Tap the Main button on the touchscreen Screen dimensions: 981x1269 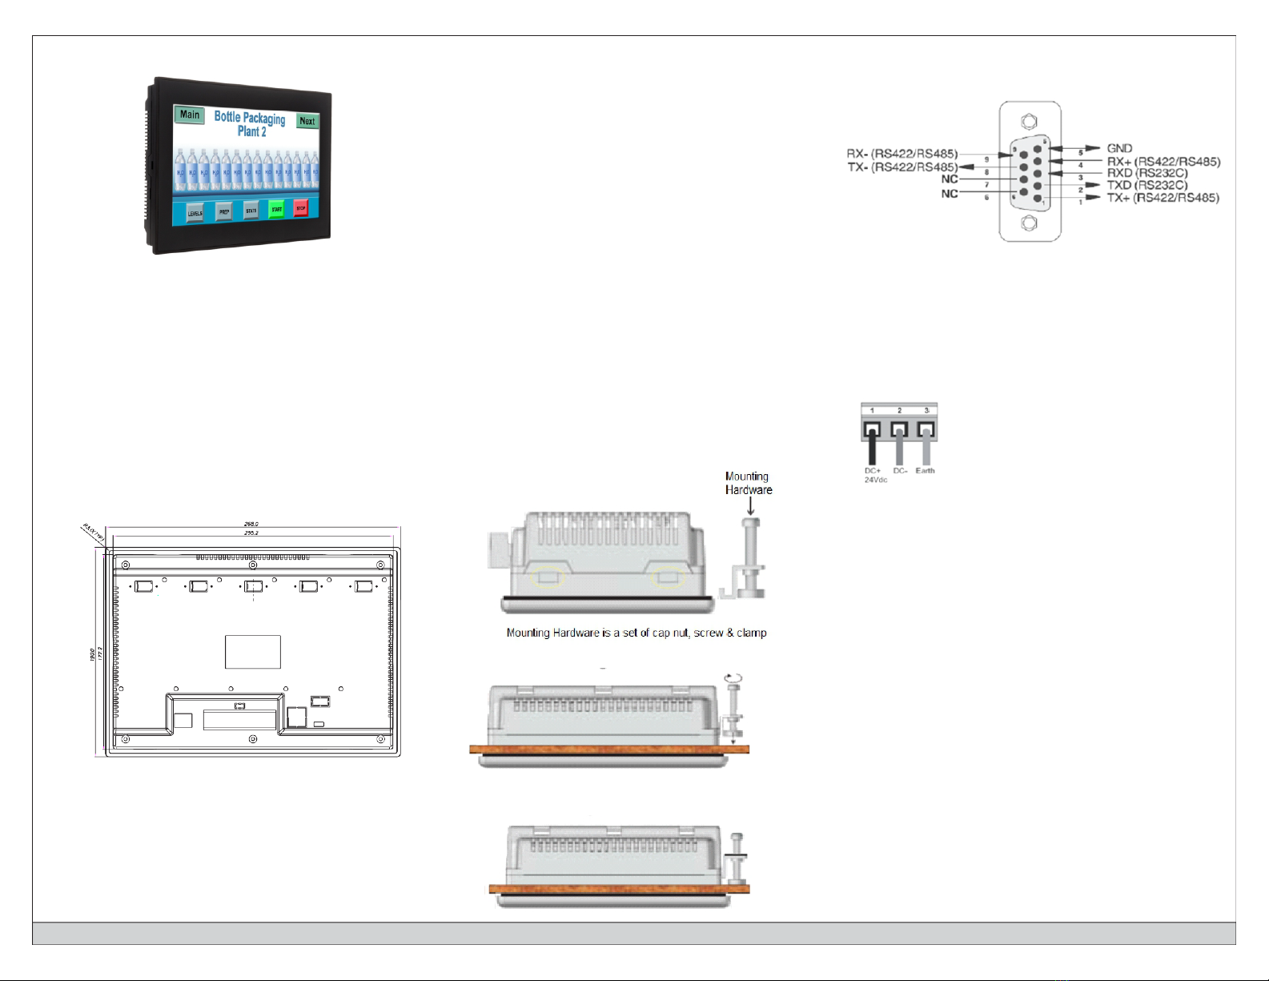pos(190,115)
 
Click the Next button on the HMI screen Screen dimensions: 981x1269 pos(307,121)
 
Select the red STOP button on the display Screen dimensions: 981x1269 pos(301,208)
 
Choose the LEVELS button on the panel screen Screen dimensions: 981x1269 pos(195,213)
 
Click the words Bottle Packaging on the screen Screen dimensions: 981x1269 pos(249,118)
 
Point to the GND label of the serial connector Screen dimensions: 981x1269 pos(1119,148)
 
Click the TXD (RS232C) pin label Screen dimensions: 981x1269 pos(1147,185)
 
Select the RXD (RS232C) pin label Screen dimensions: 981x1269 pos(1147,173)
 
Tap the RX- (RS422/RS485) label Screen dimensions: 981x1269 pos(902,154)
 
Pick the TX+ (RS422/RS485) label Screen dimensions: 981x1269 pos(1163,198)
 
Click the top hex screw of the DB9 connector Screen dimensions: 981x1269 pos(1030,123)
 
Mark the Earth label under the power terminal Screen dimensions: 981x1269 pos(925,471)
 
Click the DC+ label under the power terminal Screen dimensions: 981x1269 pos(872,471)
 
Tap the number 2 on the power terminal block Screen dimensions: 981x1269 pos(899,411)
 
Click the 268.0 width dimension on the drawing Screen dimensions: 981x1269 pos(251,524)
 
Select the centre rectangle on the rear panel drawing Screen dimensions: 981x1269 pos(252,652)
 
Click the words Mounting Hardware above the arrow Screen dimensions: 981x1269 pos(748,483)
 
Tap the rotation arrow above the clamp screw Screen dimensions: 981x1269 pos(732,677)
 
